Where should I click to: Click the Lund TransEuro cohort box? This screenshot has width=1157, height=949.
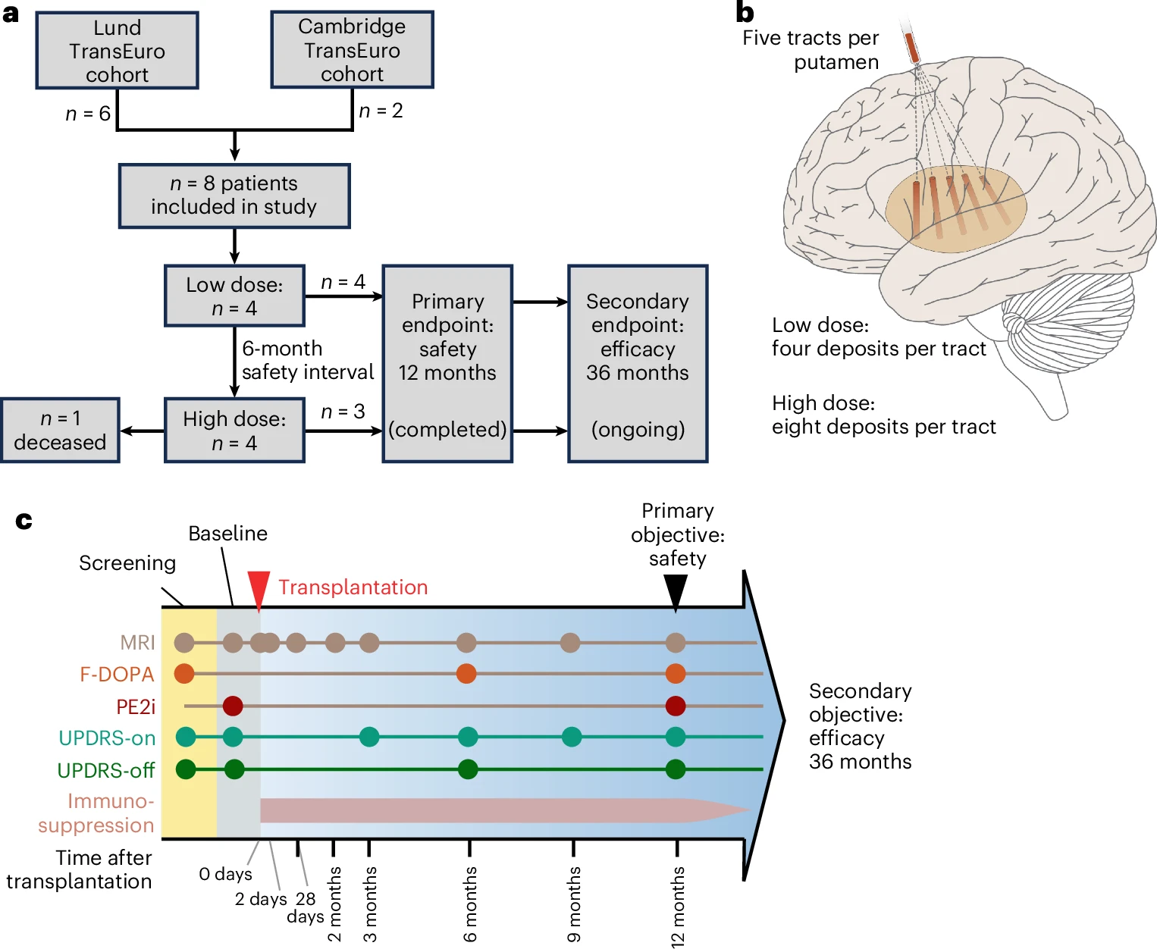[117, 50]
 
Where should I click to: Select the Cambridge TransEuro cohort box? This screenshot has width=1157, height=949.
[353, 49]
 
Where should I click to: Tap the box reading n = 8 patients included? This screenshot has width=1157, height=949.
[234, 196]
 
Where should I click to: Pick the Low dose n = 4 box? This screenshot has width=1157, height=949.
[234, 296]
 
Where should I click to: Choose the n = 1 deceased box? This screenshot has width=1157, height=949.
[60, 430]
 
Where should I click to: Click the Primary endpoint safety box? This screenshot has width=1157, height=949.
[447, 364]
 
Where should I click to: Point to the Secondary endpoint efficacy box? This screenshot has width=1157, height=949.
[638, 364]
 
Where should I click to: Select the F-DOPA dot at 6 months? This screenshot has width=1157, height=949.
[466, 674]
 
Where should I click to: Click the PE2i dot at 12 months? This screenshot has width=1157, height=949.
[676, 706]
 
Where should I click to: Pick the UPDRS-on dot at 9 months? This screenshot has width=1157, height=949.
[572, 737]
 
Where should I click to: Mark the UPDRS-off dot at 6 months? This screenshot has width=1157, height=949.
[467, 769]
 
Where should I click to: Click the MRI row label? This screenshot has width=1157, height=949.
[137, 642]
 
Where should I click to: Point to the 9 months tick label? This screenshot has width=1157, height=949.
[573, 904]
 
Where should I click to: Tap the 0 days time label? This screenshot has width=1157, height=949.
[225, 874]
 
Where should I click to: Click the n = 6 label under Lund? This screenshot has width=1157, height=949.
[88, 114]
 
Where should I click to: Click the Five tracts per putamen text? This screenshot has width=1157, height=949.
[811, 50]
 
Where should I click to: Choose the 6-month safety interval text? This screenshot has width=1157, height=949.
[308, 360]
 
